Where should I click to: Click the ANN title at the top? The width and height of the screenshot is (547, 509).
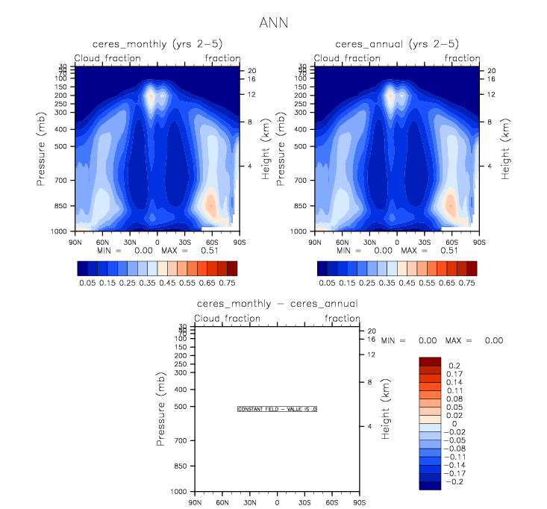click(272, 23)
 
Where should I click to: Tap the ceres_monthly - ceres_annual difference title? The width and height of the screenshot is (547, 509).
click(277, 304)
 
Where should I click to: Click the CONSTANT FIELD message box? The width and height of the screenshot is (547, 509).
click(278, 409)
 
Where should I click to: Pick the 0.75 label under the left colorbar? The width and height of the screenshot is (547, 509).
click(228, 284)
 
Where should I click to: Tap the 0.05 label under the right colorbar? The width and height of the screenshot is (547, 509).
click(326, 284)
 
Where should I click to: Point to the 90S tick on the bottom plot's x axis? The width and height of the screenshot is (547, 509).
click(360, 503)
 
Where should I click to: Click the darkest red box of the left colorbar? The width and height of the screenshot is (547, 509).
click(232, 268)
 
